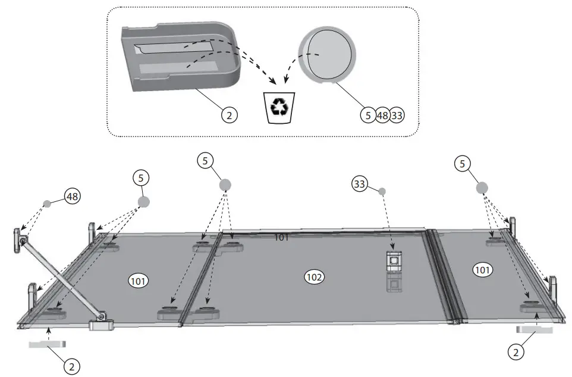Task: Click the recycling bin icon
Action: click(278, 108)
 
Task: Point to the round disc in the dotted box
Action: click(328, 57)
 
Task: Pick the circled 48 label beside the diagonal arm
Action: click(73, 196)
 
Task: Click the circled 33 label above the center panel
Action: click(359, 184)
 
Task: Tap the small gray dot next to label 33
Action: click(382, 191)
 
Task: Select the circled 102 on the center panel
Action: click(313, 276)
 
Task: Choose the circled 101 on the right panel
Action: click(482, 270)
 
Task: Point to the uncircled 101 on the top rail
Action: click(281, 238)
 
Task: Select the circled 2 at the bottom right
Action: click(516, 352)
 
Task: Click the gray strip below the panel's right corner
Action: click(535, 329)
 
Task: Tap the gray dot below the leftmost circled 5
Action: click(143, 201)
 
